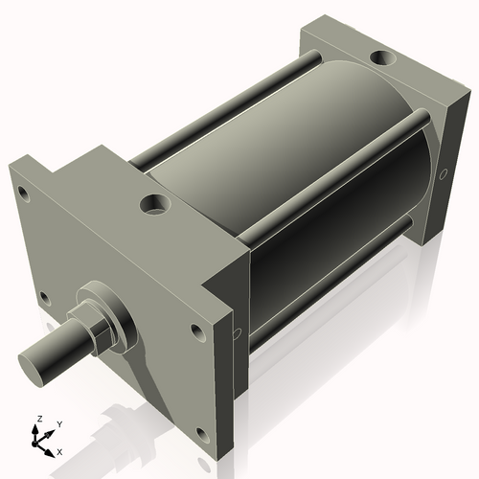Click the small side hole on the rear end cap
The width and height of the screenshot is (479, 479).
pyautogui.click(x=442, y=176)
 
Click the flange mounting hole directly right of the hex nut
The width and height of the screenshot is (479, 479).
pyautogui.click(x=196, y=331)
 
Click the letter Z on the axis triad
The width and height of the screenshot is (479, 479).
pyautogui.click(x=37, y=420)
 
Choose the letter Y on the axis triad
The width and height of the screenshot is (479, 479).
pyautogui.click(x=58, y=423)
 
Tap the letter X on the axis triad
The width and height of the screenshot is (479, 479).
pyautogui.click(x=59, y=450)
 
